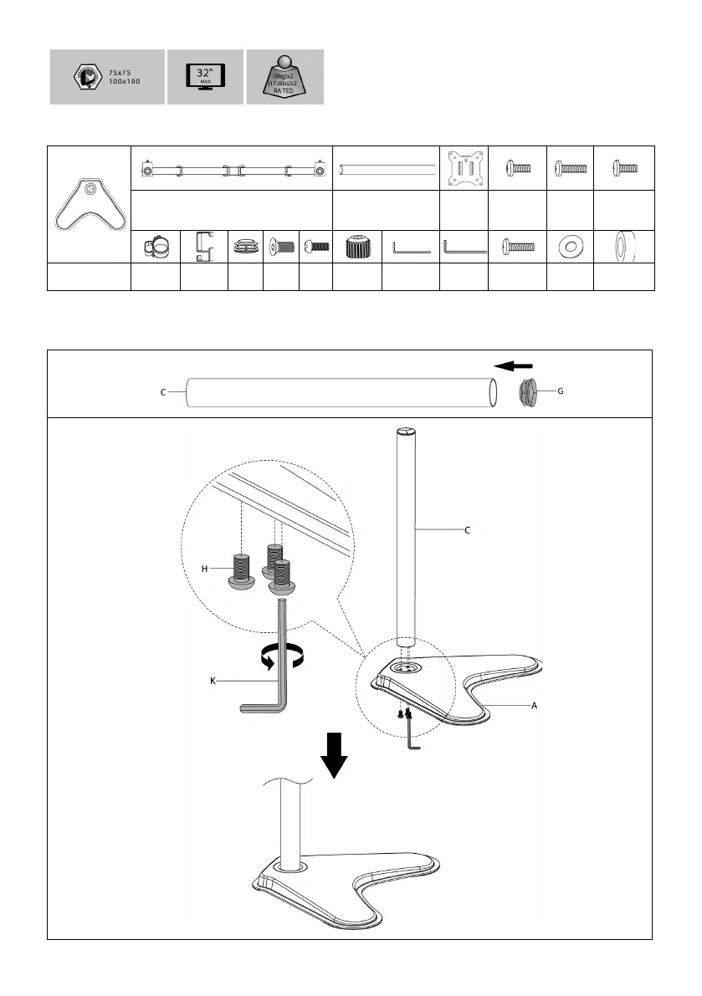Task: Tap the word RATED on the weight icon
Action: point(284,90)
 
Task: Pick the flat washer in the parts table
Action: point(570,247)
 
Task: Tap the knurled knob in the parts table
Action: point(357,247)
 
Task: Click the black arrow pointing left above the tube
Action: point(512,365)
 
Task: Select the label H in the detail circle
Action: point(203,568)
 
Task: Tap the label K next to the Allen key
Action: point(213,682)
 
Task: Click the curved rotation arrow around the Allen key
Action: point(282,658)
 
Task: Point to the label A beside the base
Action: point(533,706)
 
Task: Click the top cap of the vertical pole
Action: point(404,432)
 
